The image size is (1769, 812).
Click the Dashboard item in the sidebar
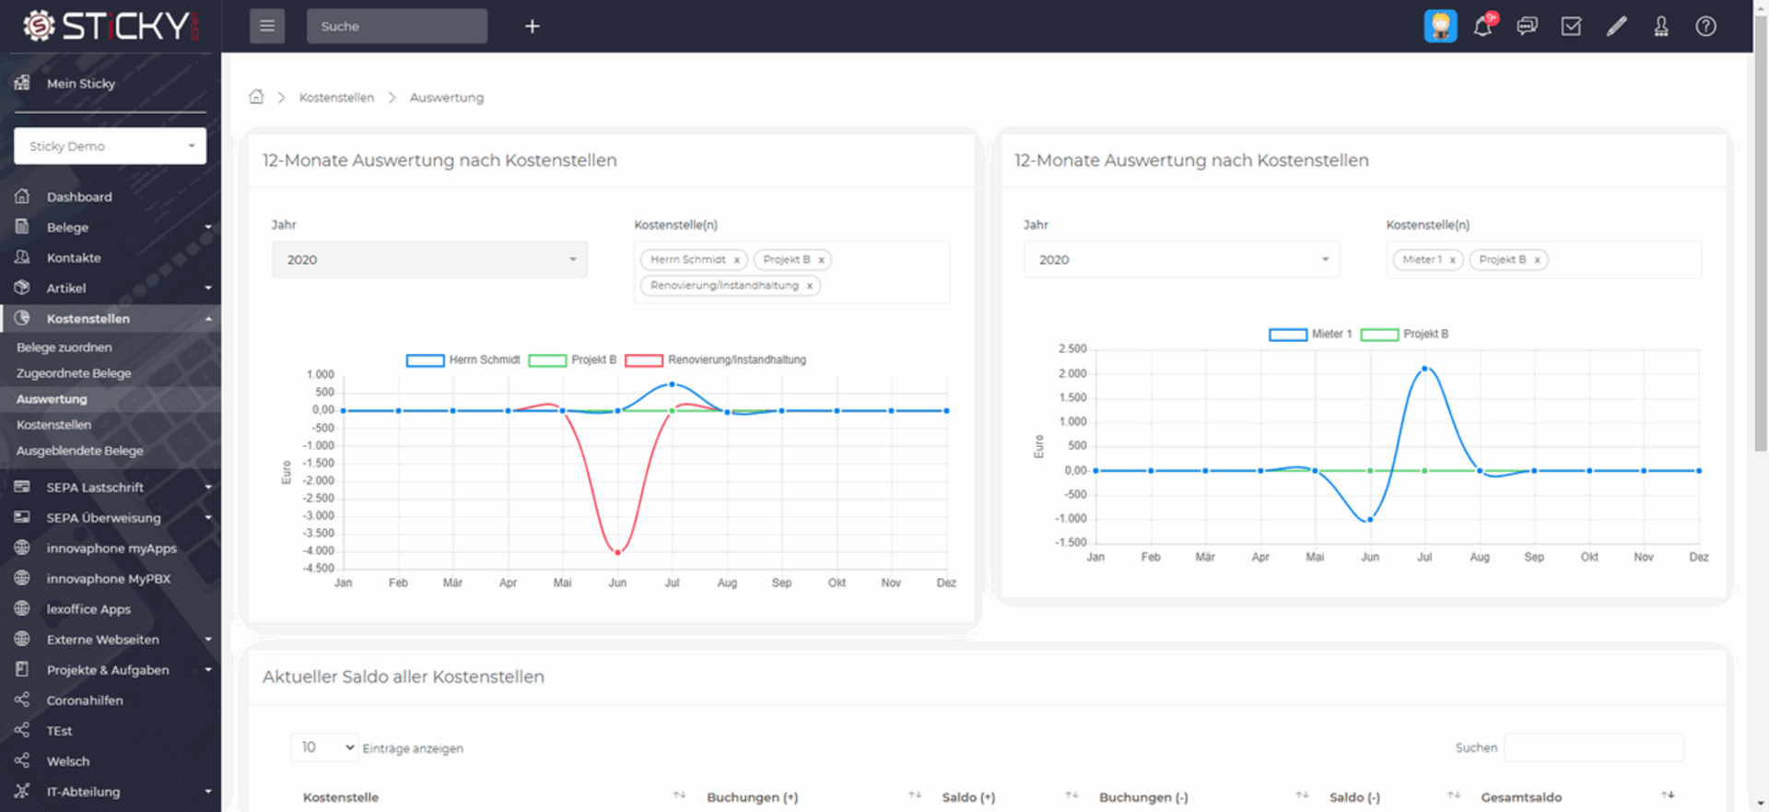(x=79, y=197)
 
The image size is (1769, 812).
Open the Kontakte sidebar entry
(x=74, y=258)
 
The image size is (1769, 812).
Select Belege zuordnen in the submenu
(x=64, y=347)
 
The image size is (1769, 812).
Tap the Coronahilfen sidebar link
(x=85, y=700)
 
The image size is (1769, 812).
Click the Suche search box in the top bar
(x=396, y=27)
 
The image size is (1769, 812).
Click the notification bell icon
(x=1482, y=27)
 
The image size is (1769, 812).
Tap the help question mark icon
(x=1705, y=27)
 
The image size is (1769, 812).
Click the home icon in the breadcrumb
(x=256, y=97)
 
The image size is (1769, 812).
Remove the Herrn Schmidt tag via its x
(x=737, y=260)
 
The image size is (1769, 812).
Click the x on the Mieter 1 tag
(x=1453, y=260)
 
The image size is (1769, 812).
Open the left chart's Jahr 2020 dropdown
(x=429, y=260)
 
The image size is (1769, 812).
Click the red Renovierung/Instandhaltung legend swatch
(x=643, y=360)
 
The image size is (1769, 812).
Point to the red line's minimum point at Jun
(x=617, y=552)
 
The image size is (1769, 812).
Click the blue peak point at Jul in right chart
(x=1424, y=369)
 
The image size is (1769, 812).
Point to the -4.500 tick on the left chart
(x=319, y=569)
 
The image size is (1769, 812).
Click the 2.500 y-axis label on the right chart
(x=1072, y=349)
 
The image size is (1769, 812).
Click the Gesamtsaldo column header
(x=1521, y=797)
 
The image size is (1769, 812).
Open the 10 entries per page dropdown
(x=324, y=747)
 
